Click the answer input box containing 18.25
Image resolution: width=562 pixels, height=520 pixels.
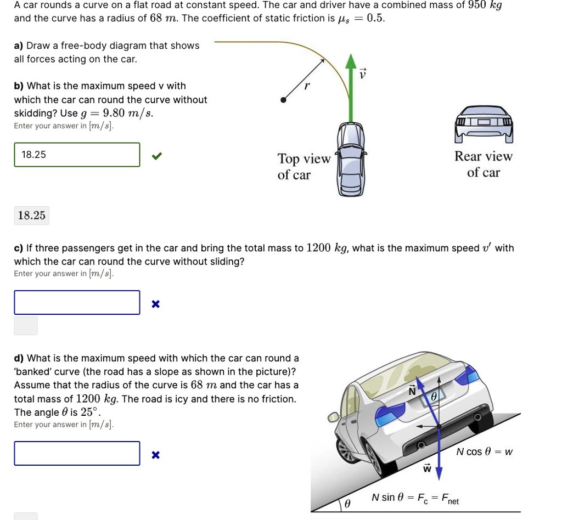tap(77, 155)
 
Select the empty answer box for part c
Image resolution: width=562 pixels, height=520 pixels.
tap(77, 302)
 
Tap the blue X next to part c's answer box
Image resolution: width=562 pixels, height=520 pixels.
tap(156, 304)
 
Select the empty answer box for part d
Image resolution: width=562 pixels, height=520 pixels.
tap(77, 453)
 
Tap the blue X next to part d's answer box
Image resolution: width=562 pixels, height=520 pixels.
tap(156, 455)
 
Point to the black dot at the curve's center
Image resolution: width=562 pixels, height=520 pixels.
tap(283, 100)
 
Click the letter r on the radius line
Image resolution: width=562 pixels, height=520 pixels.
tap(307, 86)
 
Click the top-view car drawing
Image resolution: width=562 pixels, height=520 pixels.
tap(350, 159)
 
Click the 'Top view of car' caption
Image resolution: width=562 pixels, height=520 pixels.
tap(303, 167)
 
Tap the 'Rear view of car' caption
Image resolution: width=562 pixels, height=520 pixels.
tap(483, 165)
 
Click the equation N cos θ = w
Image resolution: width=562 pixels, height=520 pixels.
tap(485, 452)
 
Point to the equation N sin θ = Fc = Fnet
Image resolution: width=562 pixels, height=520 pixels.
tap(415, 498)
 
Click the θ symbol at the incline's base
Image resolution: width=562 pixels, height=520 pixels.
tap(347, 504)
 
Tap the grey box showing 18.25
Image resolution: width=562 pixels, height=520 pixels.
tap(32, 216)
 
